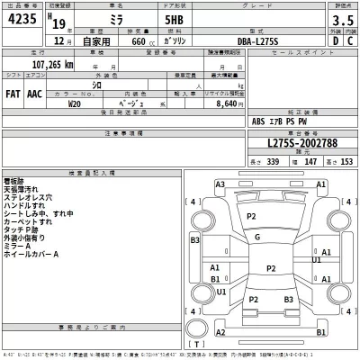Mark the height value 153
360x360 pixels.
click(345, 159)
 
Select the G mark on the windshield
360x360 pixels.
click(258, 237)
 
